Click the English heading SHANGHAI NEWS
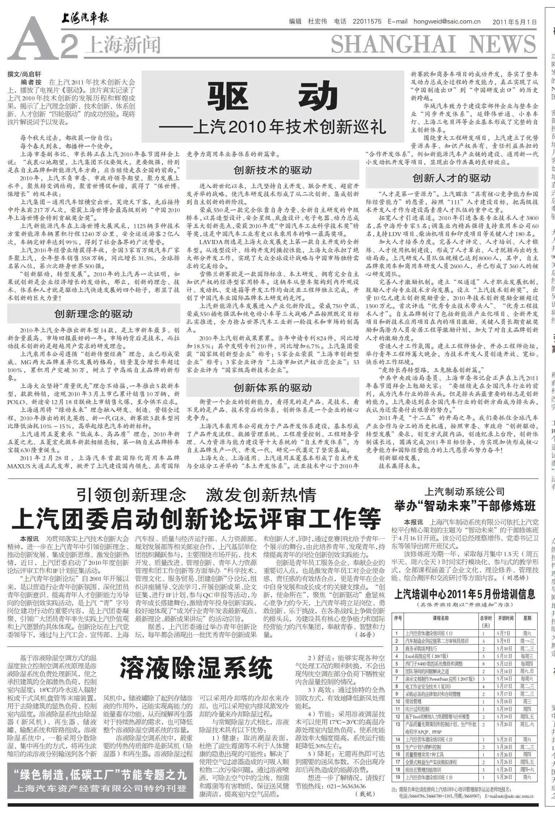pyautogui.click(x=433, y=45)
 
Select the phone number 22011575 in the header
pyautogui.click(x=367, y=21)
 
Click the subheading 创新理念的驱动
pyautogui.click(x=93, y=314)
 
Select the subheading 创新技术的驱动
pyautogui.click(x=272, y=170)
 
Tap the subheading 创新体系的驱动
pyautogui.click(x=272, y=387)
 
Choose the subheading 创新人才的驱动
pyautogui.click(x=451, y=178)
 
